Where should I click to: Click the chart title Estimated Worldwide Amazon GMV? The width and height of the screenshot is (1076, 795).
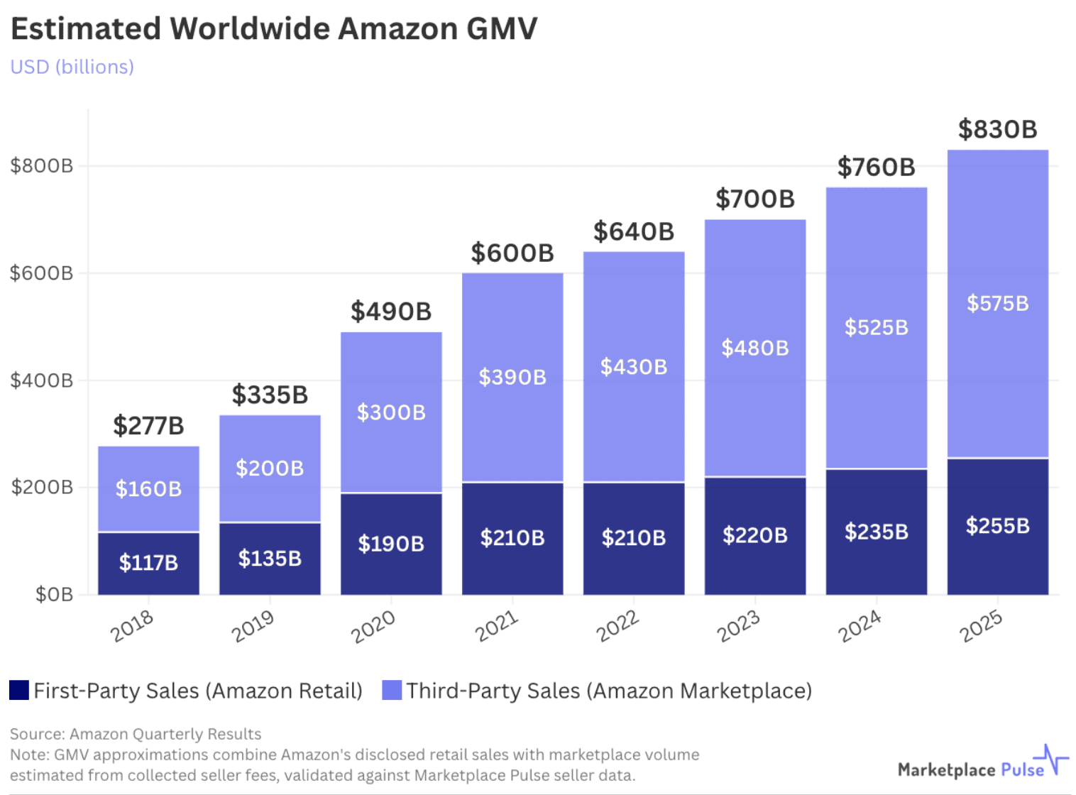tap(274, 29)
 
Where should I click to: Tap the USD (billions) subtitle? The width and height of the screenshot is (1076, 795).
tap(72, 67)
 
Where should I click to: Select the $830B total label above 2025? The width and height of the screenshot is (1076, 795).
tap(997, 130)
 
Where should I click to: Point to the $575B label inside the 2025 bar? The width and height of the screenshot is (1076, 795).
tap(997, 304)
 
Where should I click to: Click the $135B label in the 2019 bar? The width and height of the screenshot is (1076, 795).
tap(270, 559)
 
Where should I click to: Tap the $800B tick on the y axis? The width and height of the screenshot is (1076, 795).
tap(41, 166)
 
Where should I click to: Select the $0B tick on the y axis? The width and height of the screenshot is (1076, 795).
tap(54, 594)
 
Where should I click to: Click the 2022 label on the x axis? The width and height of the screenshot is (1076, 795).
tap(617, 627)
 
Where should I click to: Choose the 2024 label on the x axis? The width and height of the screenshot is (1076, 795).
tap(860, 627)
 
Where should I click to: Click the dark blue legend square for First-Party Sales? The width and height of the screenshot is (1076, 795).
tap(19, 690)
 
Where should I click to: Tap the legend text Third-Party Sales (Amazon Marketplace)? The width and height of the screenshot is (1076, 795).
tap(608, 691)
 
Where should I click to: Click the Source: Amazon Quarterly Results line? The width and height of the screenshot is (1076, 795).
tap(136, 734)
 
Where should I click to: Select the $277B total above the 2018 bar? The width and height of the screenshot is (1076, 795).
tap(148, 426)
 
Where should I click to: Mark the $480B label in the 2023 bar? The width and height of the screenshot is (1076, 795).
tap(754, 348)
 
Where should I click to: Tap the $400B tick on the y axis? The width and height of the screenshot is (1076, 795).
tap(41, 380)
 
